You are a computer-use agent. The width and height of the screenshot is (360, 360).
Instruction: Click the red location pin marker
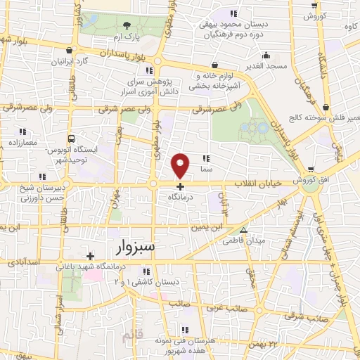[181, 165]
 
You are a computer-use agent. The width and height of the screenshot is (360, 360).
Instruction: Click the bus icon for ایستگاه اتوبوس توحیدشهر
[70, 139]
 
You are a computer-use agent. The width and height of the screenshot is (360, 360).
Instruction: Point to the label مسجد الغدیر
[265, 65]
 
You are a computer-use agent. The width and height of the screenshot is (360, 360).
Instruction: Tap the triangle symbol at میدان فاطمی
[243, 230]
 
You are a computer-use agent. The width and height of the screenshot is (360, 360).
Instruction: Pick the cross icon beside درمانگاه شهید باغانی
[90, 256]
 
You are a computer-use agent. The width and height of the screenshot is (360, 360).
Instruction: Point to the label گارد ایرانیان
[91, 60]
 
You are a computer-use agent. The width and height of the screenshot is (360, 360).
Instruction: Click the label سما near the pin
[207, 169]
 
